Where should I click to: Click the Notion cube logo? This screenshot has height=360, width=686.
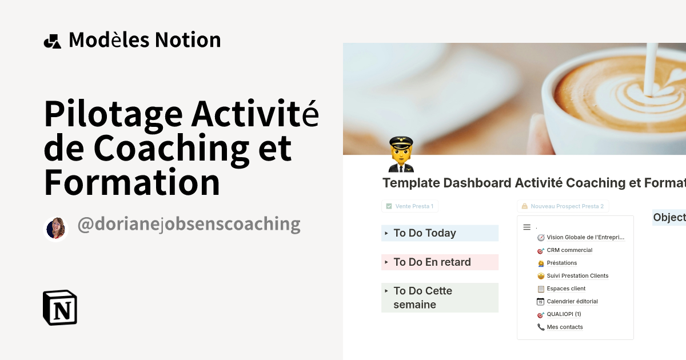click(60, 308)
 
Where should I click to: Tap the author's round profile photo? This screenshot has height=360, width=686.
click(56, 229)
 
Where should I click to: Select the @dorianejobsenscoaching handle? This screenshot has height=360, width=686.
click(189, 225)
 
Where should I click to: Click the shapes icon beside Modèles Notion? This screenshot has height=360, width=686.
click(52, 41)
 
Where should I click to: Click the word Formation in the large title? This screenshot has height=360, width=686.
click(132, 183)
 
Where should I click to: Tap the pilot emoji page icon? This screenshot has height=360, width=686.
click(401, 154)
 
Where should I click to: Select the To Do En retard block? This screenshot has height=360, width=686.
click(432, 262)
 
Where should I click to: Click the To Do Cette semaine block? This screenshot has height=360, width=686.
click(423, 298)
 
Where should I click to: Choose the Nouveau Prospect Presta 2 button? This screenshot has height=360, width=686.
click(563, 206)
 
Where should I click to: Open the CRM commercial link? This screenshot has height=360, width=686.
click(569, 250)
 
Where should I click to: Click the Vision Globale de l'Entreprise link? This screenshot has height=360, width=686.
click(585, 237)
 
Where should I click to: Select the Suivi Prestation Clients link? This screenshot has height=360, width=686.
click(577, 276)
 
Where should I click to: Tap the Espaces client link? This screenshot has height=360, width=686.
click(565, 289)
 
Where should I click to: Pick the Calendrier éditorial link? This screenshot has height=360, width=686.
click(572, 302)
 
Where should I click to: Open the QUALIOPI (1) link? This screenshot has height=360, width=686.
click(563, 314)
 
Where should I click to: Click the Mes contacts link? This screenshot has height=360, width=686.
click(564, 327)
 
